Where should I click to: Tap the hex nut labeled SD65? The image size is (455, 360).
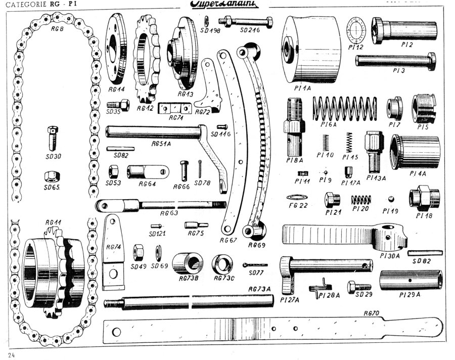(52, 176)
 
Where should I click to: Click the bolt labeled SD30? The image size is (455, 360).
(53, 137)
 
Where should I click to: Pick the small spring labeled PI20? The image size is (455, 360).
(361, 199)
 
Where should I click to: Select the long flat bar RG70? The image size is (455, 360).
(273, 331)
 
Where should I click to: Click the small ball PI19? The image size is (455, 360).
(390, 198)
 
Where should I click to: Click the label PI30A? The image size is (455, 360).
(390, 256)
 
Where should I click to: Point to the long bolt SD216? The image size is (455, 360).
(246, 22)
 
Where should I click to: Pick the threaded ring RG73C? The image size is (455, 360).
(222, 263)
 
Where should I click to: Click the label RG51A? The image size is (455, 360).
(162, 144)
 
